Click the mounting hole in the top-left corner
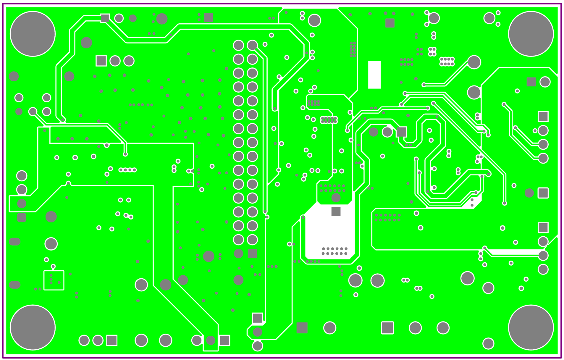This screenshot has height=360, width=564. tap(33, 34)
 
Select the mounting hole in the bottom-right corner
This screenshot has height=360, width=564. tap(531, 327)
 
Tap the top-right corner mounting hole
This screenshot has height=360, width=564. tap(531, 34)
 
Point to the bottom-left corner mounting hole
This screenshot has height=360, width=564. tap(33, 327)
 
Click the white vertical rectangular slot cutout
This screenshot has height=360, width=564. tap(374, 75)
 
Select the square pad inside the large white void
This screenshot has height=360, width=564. tap(336, 212)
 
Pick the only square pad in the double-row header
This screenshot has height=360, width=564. tap(252, 254)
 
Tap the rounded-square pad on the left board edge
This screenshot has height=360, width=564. tap(22, 217)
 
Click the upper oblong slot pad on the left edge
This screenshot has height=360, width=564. tap(14, 242)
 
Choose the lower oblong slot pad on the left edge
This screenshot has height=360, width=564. tap(14, 285)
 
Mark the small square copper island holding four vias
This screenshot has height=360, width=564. tap(54, 280)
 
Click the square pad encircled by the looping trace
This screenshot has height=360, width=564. tap(401, 132)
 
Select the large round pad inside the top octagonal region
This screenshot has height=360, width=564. tap(314, 20)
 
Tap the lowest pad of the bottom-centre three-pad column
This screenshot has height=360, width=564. tap(257, 346)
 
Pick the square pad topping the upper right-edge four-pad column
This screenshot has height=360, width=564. tap(543, 117)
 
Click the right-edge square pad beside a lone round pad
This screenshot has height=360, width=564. tap(543, 193)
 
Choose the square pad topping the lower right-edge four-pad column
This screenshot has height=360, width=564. tap(543, 228)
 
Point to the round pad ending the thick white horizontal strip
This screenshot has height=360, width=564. tap(543, 255)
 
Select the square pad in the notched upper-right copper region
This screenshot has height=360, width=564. tap(531, 82)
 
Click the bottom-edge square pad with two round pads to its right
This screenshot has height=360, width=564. tap(387, 328)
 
